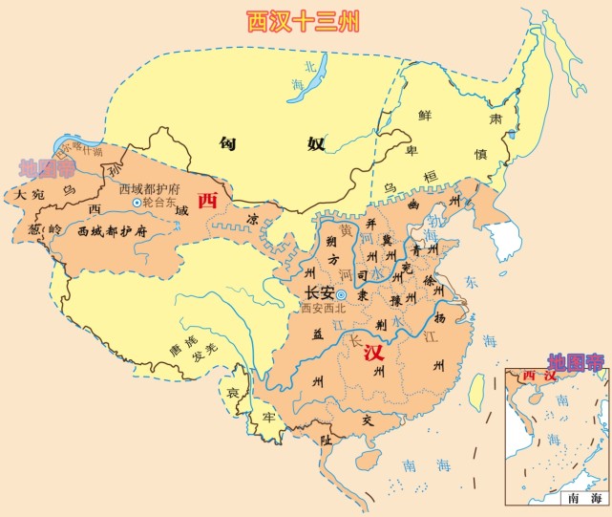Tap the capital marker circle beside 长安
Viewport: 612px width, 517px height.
tap(341, 294)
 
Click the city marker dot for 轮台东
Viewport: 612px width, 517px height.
tap(137, 203)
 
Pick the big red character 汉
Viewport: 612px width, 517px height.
tap(374, 353)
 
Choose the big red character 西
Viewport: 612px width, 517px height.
tap(205, 202)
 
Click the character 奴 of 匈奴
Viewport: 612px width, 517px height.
tap(314, 144)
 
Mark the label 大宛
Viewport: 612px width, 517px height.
tap(27, 194)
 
